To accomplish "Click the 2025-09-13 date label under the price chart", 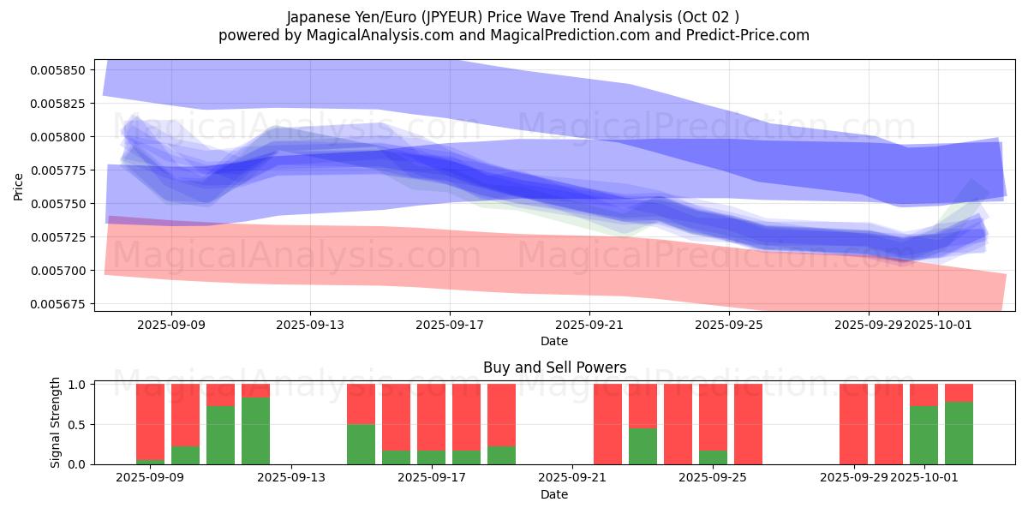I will pyautogui.click(x=310, y=326).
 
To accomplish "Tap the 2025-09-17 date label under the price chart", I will pyautogui.click(x=450, y=326).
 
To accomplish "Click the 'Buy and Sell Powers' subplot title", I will pyautogui.click(x=554, y=368).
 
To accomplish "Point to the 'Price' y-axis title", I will pyautogui.click(x=19, y=186).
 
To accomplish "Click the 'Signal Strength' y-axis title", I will pyautogui.click(x=56, y=422).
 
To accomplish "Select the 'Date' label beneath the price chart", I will pyautogui.click(x=554, y=341).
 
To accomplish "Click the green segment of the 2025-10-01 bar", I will pyautogui.click(x=923, y=435).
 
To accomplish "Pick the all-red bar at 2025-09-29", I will pyautogui.click(x=853, y=424).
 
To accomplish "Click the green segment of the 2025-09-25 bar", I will pyautogui.click(x=713, y=457).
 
